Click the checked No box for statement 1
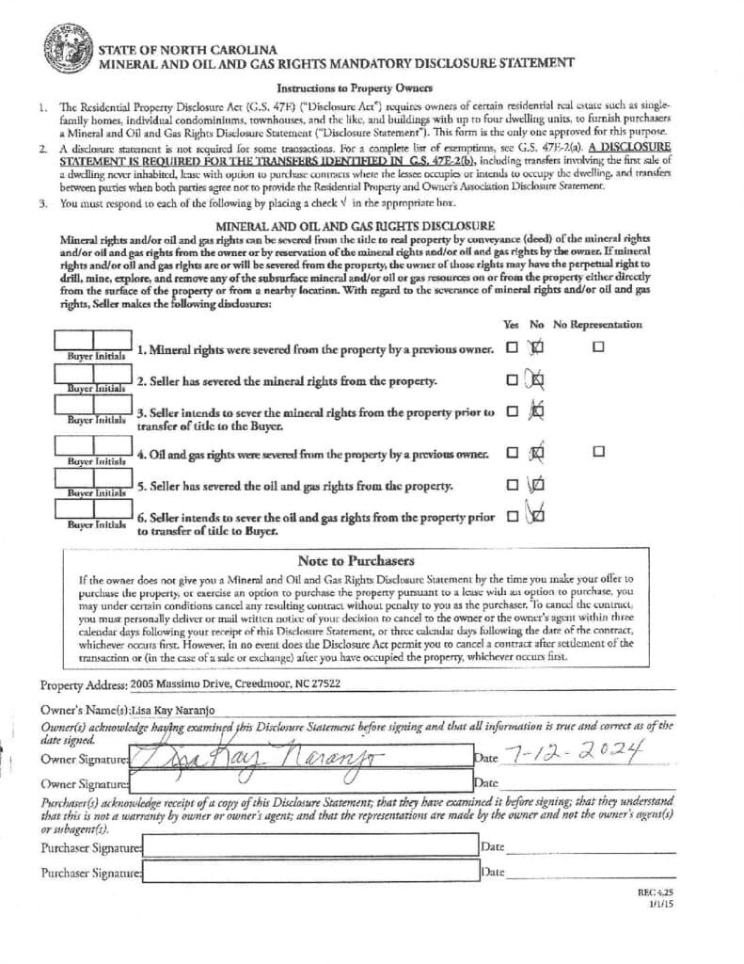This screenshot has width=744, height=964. click(x=537, y=347)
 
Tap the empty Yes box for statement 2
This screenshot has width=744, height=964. click(x=512, y=380)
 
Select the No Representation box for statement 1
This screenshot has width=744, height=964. click(x=598, y=347)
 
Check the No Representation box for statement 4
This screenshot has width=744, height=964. click(x=598, y=453)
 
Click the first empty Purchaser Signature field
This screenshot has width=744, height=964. click(x=310, y=849)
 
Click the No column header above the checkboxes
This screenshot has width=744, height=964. click(x=537, y=325)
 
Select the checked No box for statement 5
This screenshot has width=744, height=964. click(x=537, y=486)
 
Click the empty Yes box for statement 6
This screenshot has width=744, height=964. click(x=512, y=516)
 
